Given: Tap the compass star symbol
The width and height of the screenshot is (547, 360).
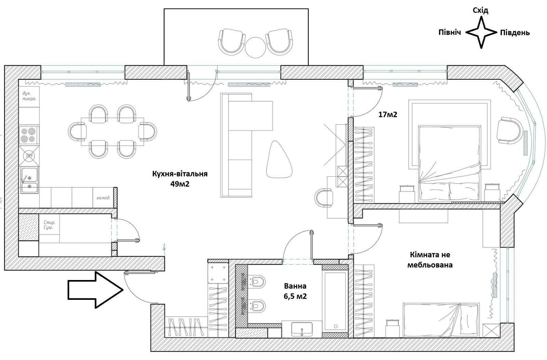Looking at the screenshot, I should (481, 32).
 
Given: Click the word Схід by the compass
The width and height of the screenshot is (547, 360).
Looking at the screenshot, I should (480, 11).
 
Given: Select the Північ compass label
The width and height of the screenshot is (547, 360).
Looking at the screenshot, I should (450, 32).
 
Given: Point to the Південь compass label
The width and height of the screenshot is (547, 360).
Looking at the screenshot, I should (515, 33).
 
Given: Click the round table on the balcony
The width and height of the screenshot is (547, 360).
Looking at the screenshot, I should (255, 47).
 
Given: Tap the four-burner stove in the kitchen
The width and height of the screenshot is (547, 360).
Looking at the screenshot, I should (28, 135).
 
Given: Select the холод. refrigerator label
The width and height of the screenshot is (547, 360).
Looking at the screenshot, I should (103, 198).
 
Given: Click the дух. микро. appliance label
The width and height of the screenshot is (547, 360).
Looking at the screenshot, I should (29, 96).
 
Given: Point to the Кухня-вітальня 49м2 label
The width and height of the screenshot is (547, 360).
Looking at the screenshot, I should (180, 178).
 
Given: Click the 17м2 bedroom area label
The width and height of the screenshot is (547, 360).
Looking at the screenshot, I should (388, 115).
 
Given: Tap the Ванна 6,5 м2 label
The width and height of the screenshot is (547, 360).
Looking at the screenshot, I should (295, 291).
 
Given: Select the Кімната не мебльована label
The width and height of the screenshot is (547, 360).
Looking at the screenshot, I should (430, 259).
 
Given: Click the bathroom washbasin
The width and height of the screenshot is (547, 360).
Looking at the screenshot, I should (302, 330).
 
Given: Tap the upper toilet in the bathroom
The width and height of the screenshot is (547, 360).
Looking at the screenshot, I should (257, 282).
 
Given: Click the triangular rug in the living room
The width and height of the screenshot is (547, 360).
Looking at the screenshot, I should (279, 160).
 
